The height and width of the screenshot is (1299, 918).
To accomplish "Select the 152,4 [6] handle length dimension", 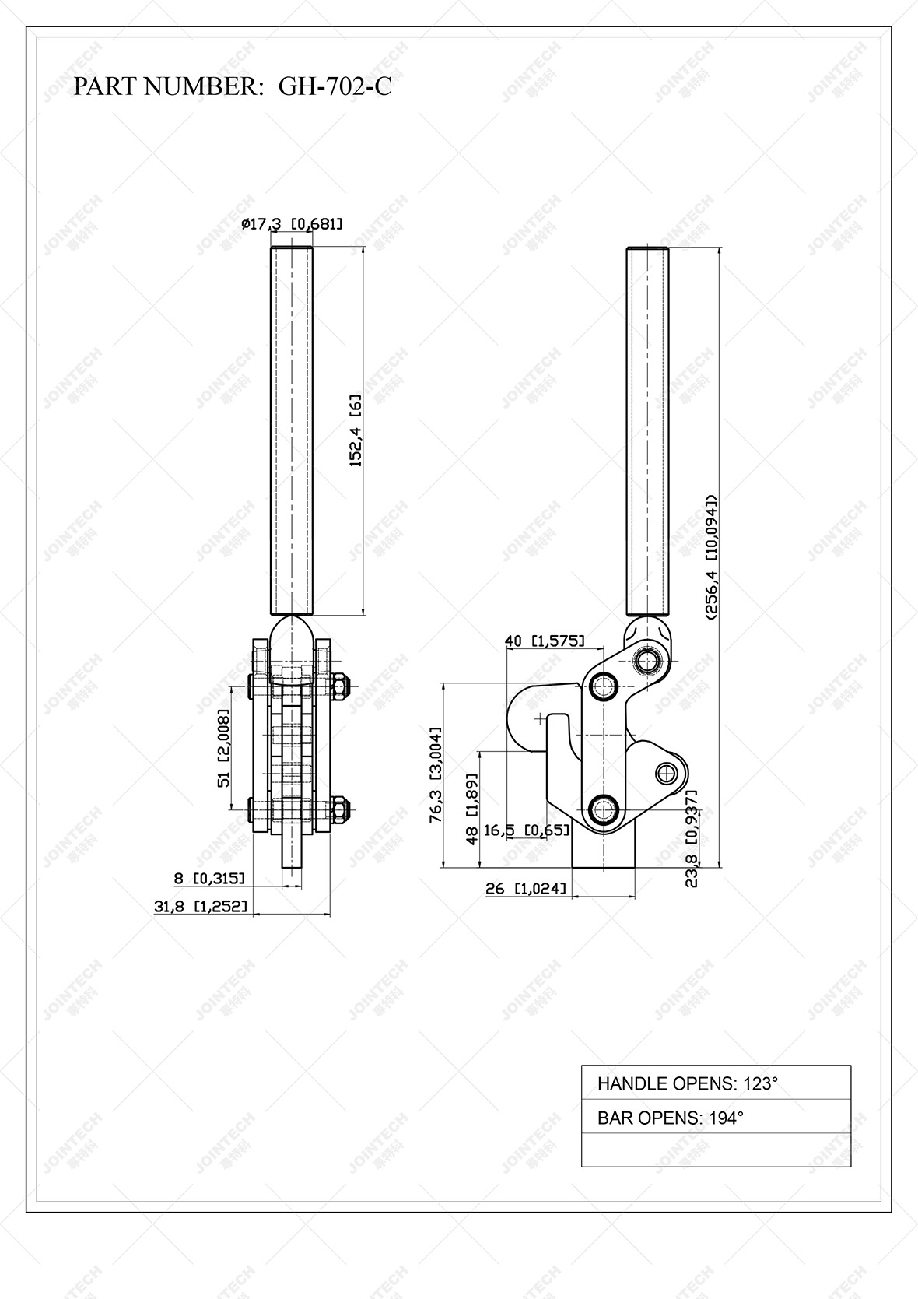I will [356, 430].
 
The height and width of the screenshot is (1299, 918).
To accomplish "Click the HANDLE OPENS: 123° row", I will [716, 1083].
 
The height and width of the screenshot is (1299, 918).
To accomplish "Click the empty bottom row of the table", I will [716, 1150].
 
